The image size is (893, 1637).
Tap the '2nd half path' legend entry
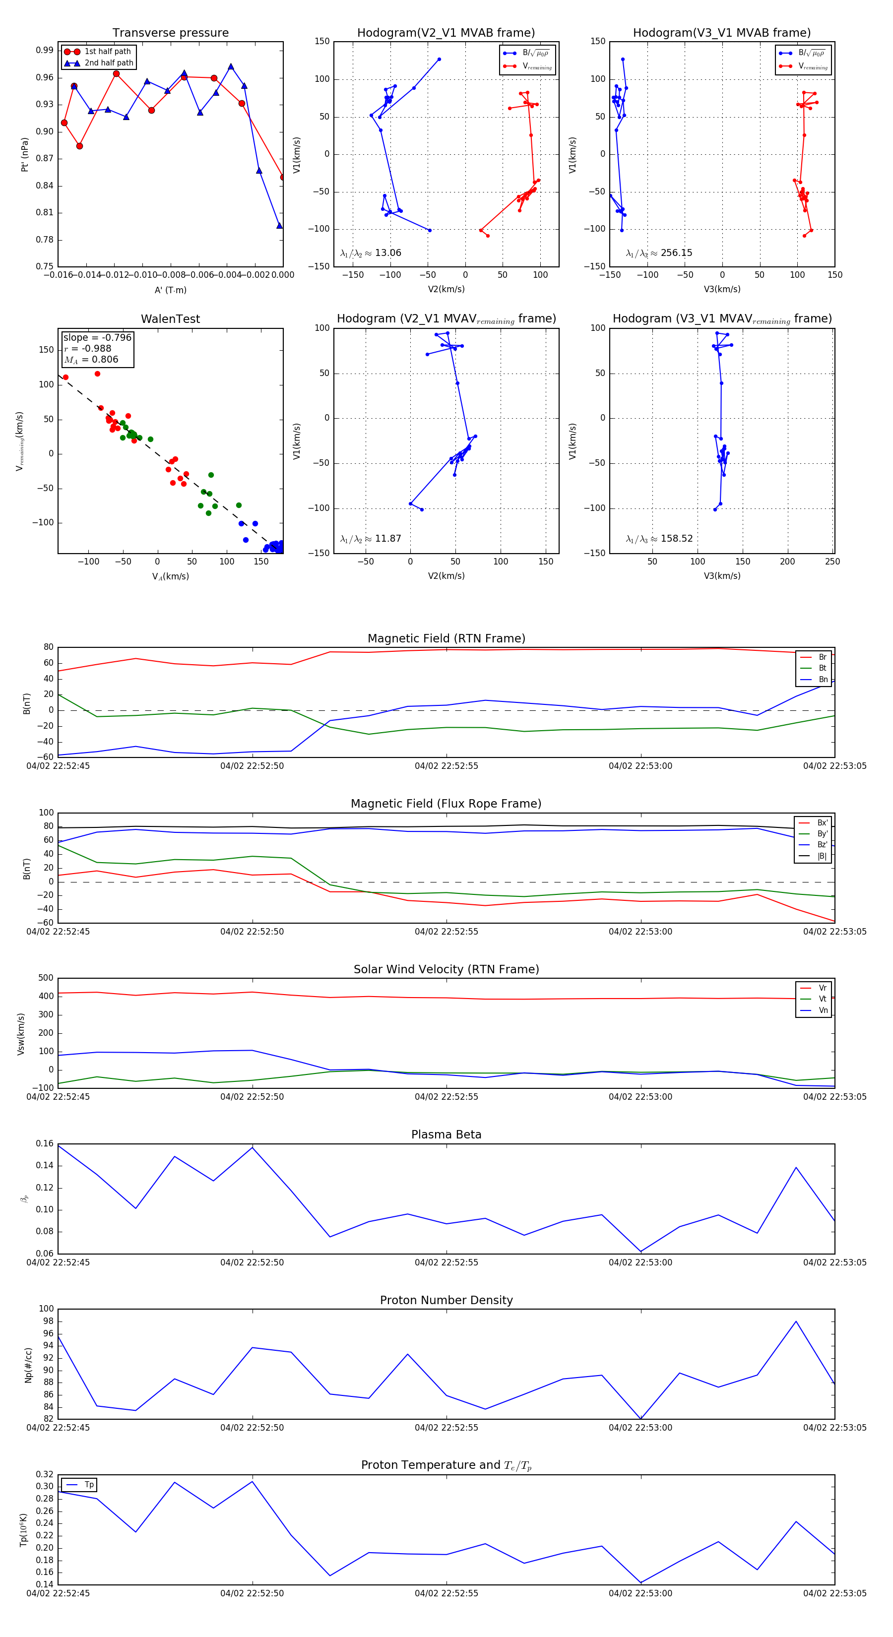coord(109,63)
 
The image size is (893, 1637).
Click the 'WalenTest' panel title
coord(170,319)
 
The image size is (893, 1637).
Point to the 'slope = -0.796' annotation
coord(97,337)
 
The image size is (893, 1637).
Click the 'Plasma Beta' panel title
coord(446,1135)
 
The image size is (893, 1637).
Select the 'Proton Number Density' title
coord(446,1300)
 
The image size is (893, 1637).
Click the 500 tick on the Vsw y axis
coord(46,978)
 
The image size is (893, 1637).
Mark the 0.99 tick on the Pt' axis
coord(45,50)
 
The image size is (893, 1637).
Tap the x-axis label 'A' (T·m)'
coord(170,290)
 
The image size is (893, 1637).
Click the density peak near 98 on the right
coord(796,1322)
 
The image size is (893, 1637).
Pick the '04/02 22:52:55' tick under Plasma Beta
coord(446,1262)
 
